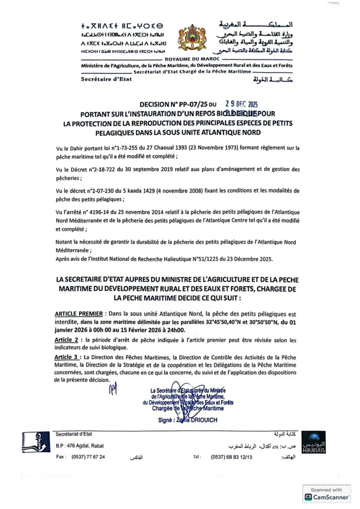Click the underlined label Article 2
(68, 339)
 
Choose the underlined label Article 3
(68, 357)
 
